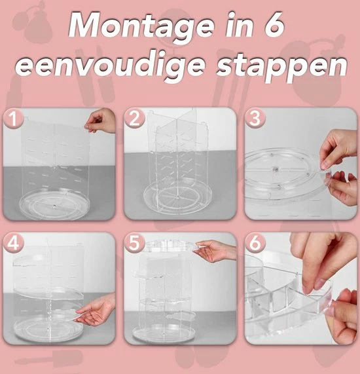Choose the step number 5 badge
(135, 242)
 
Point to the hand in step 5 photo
(217, 250)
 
